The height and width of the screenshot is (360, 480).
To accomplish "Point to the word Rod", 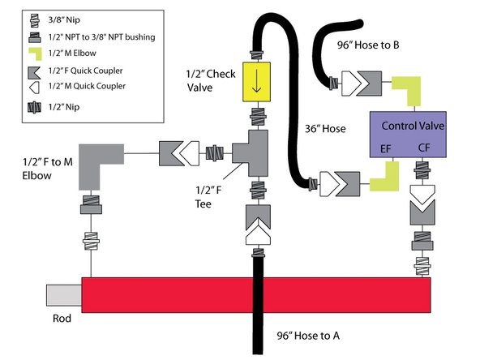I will coord(62,318).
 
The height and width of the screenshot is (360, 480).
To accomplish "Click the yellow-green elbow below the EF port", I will coord(386,177).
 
